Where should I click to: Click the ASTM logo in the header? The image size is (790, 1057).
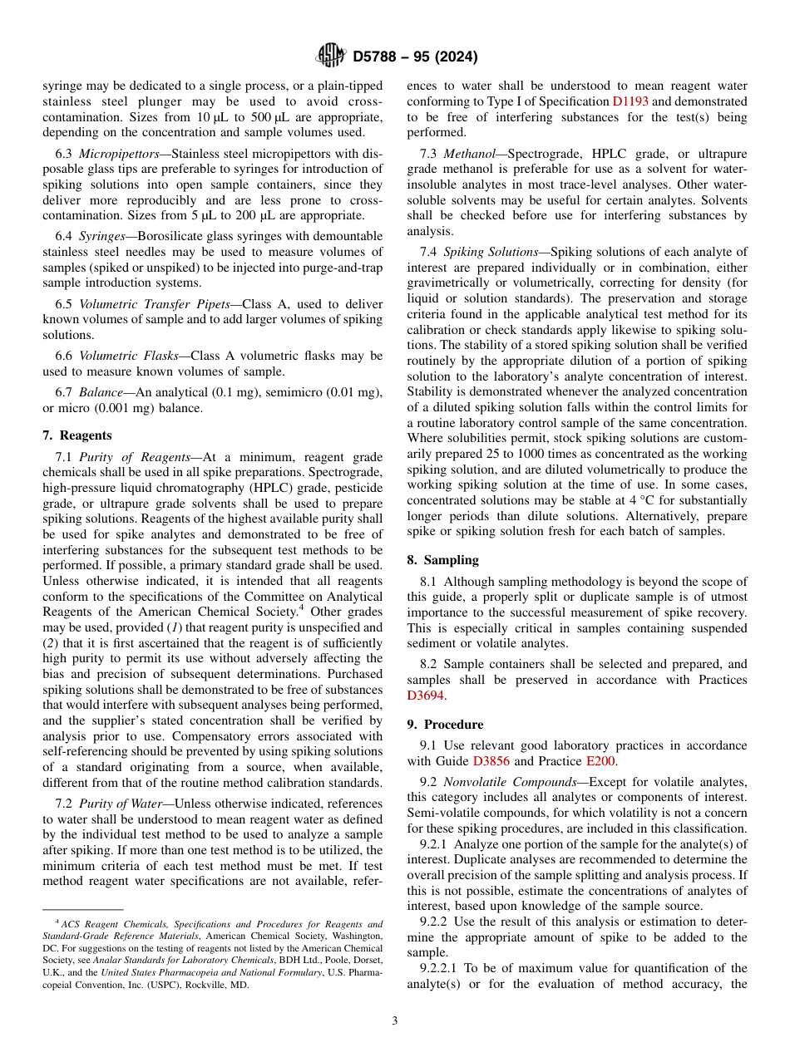[331, 57]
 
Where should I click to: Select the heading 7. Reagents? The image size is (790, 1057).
[77, 435]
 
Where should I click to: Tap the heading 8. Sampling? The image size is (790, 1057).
[442, 559]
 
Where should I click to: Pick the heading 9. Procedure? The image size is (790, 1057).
[445, 724]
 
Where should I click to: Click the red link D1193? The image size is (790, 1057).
[630, 101]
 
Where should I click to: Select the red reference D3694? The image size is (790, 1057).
[426, 696]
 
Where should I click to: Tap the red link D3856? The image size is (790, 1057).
[491, 760]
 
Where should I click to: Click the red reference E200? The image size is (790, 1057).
[601, 760]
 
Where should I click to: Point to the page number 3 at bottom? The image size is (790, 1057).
[395, 1020]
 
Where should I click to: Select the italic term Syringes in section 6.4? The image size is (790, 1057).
[101, 236]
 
